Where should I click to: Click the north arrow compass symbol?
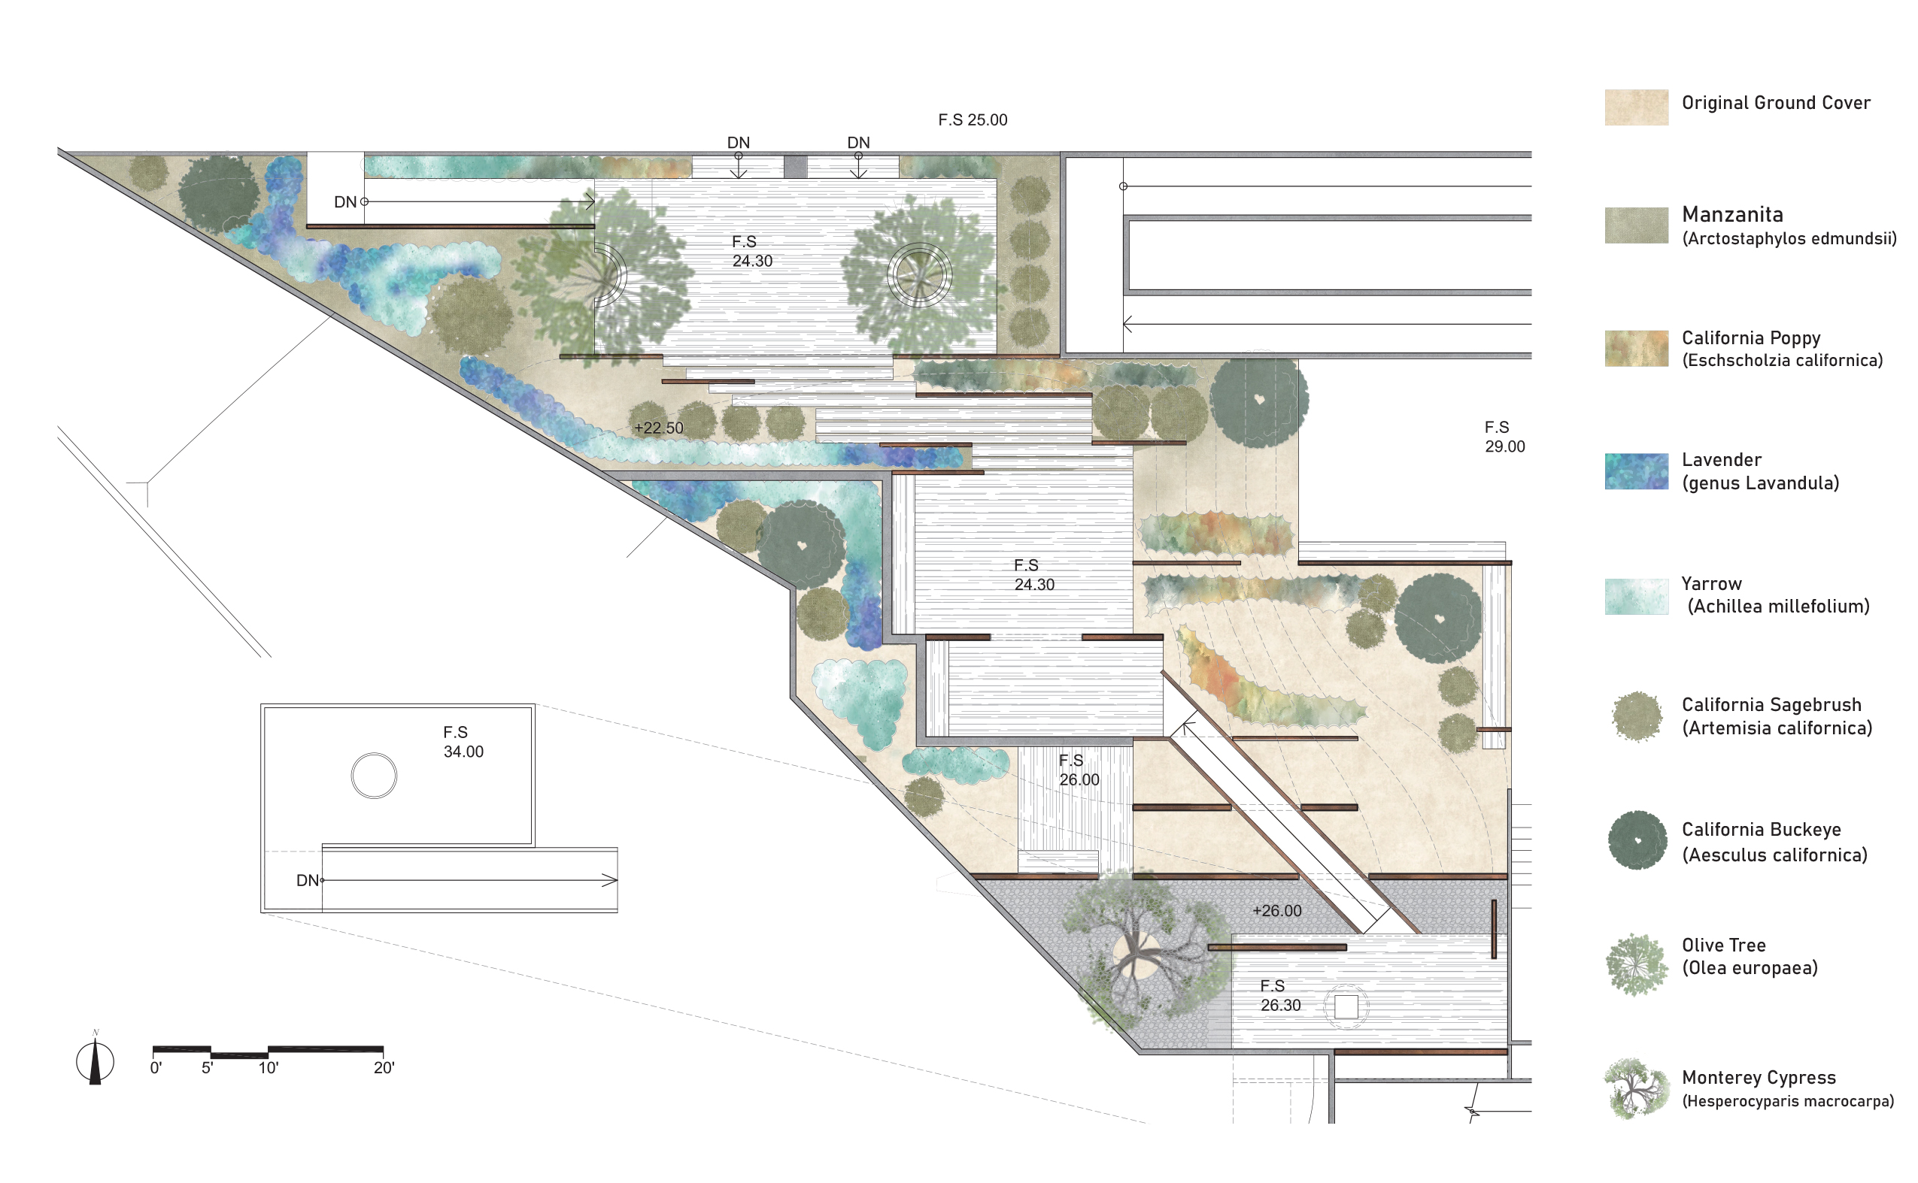tap(95, 1060)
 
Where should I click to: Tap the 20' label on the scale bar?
tap(384, 1068)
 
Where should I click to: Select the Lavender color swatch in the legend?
tap(1636, 471)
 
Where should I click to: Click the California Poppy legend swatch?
tap(1636, 348)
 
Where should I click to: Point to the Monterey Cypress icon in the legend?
tap(1636, 1088)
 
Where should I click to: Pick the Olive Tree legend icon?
tap(1636, 965)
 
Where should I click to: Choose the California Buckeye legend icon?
tap(1637, 840)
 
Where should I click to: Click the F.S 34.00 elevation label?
tap(463, 742)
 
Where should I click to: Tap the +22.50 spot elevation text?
tap(658, 428)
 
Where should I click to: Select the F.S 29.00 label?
tap(1504, 437)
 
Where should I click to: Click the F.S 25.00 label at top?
tap(973, 120)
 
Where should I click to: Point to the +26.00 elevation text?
tap(1277, 911)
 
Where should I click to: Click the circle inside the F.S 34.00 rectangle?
tap(375, 752)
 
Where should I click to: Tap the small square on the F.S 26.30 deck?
tap(1346, 1007)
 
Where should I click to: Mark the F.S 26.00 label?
tap(1079, 770)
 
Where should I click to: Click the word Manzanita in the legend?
tap(1732, 214)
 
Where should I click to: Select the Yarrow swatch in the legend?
tap(1636, 596)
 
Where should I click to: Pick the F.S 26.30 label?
tap(1281, 995)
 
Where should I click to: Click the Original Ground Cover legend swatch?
tap(1636, 107)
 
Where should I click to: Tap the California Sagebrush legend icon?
tap(1637, 716)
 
